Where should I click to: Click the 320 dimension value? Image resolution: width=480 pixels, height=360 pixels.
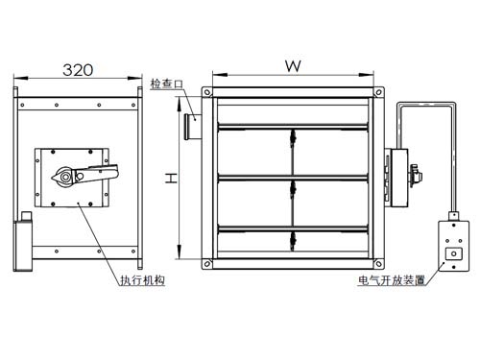coord(78,70)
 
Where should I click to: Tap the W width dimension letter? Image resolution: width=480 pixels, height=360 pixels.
coord(293,66)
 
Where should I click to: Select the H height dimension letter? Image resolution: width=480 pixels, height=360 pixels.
coord(171,178)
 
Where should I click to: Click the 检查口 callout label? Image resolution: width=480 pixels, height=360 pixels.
coord(167,84)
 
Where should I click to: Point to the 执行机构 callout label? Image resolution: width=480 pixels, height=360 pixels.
coord(142,280)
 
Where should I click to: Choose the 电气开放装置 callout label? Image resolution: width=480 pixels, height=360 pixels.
coord(392,280)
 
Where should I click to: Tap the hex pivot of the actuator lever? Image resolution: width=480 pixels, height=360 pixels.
coord(65,177)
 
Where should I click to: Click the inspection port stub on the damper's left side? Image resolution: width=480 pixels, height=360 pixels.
coord(193,127)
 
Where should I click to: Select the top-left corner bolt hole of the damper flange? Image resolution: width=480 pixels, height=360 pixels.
coord(207,92)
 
